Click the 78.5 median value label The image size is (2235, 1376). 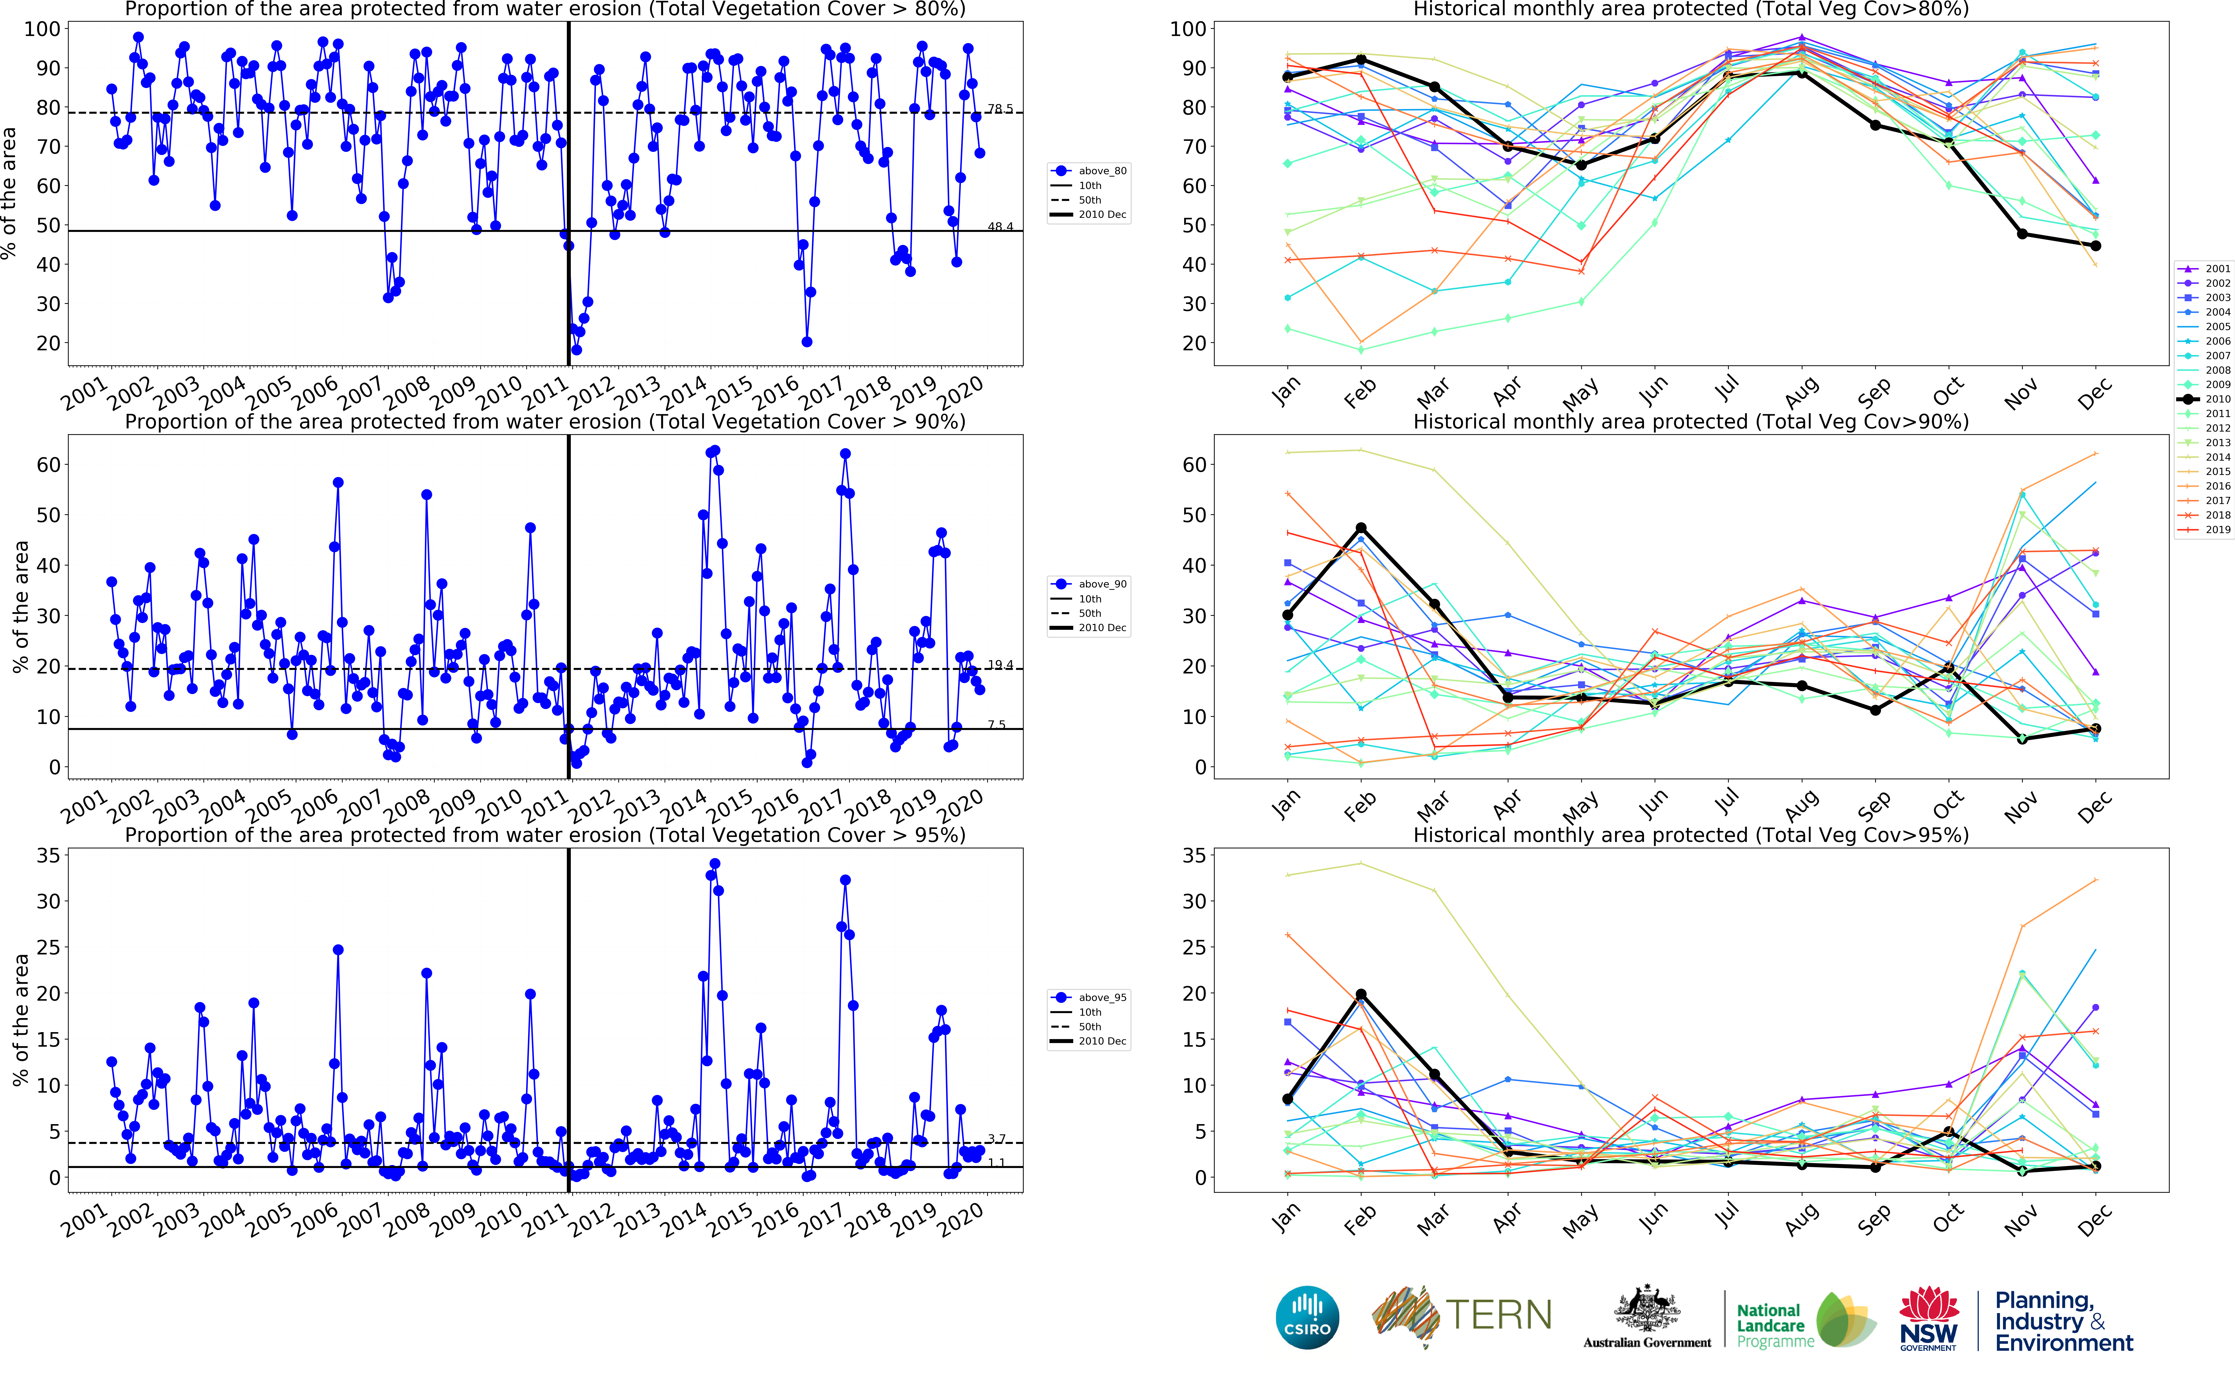tap(1000, 108)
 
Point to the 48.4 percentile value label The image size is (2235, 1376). tap(1000, 227)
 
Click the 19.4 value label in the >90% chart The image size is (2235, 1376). tap(1000, 665)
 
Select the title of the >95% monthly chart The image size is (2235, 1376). tap(1691, 835)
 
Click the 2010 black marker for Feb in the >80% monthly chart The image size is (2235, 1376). tap(1361, 60)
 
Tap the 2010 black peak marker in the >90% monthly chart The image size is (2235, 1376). tap(1361, 528)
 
